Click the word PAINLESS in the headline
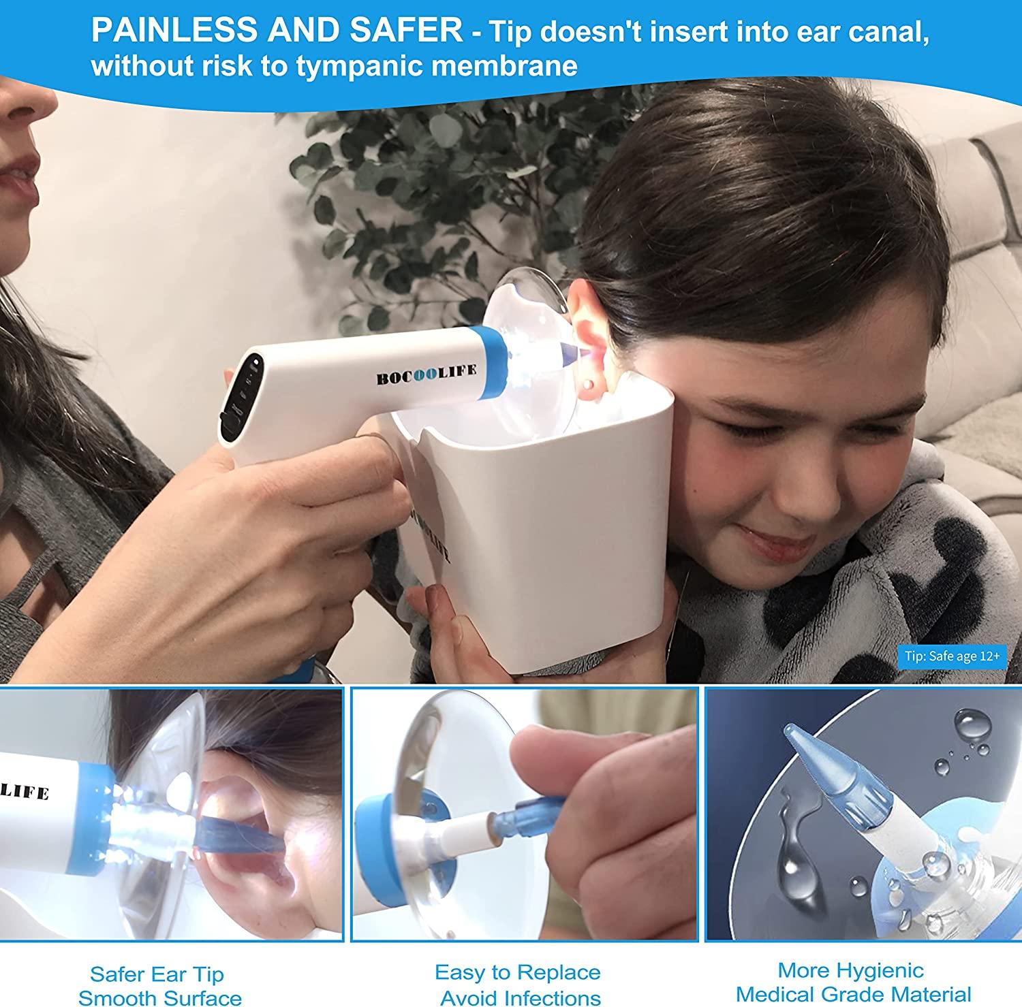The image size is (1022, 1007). pos(173,31)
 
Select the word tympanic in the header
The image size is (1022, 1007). pos(375,66)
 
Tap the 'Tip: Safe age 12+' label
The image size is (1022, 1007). pos(952,656)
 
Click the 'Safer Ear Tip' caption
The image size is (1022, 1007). pos(157,974)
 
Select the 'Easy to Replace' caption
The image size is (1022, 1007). pos(518,972)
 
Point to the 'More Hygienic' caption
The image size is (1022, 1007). pos(850,970)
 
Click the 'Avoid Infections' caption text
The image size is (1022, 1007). pos(521,998)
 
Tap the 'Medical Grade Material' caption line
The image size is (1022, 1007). pos(853,994)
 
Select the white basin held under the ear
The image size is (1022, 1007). pos(538,531)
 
